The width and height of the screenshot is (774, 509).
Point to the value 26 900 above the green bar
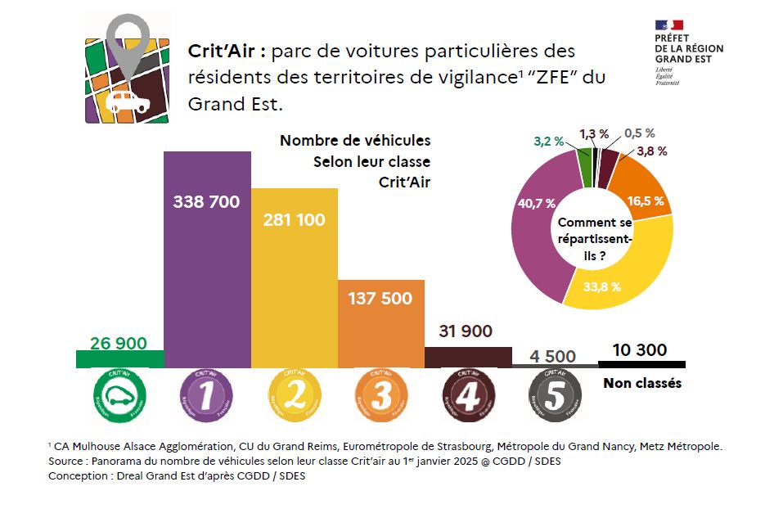coord(119,344)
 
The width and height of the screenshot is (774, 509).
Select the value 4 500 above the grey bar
coord(553,356)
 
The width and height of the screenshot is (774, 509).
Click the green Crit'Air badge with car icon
coord(119,397)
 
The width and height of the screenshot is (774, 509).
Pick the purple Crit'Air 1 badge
coord(207,397)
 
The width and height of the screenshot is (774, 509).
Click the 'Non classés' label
coord(642,383)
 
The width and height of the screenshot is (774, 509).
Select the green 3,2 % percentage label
coord(548,141)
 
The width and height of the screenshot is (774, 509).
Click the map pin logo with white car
coord(129,70)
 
